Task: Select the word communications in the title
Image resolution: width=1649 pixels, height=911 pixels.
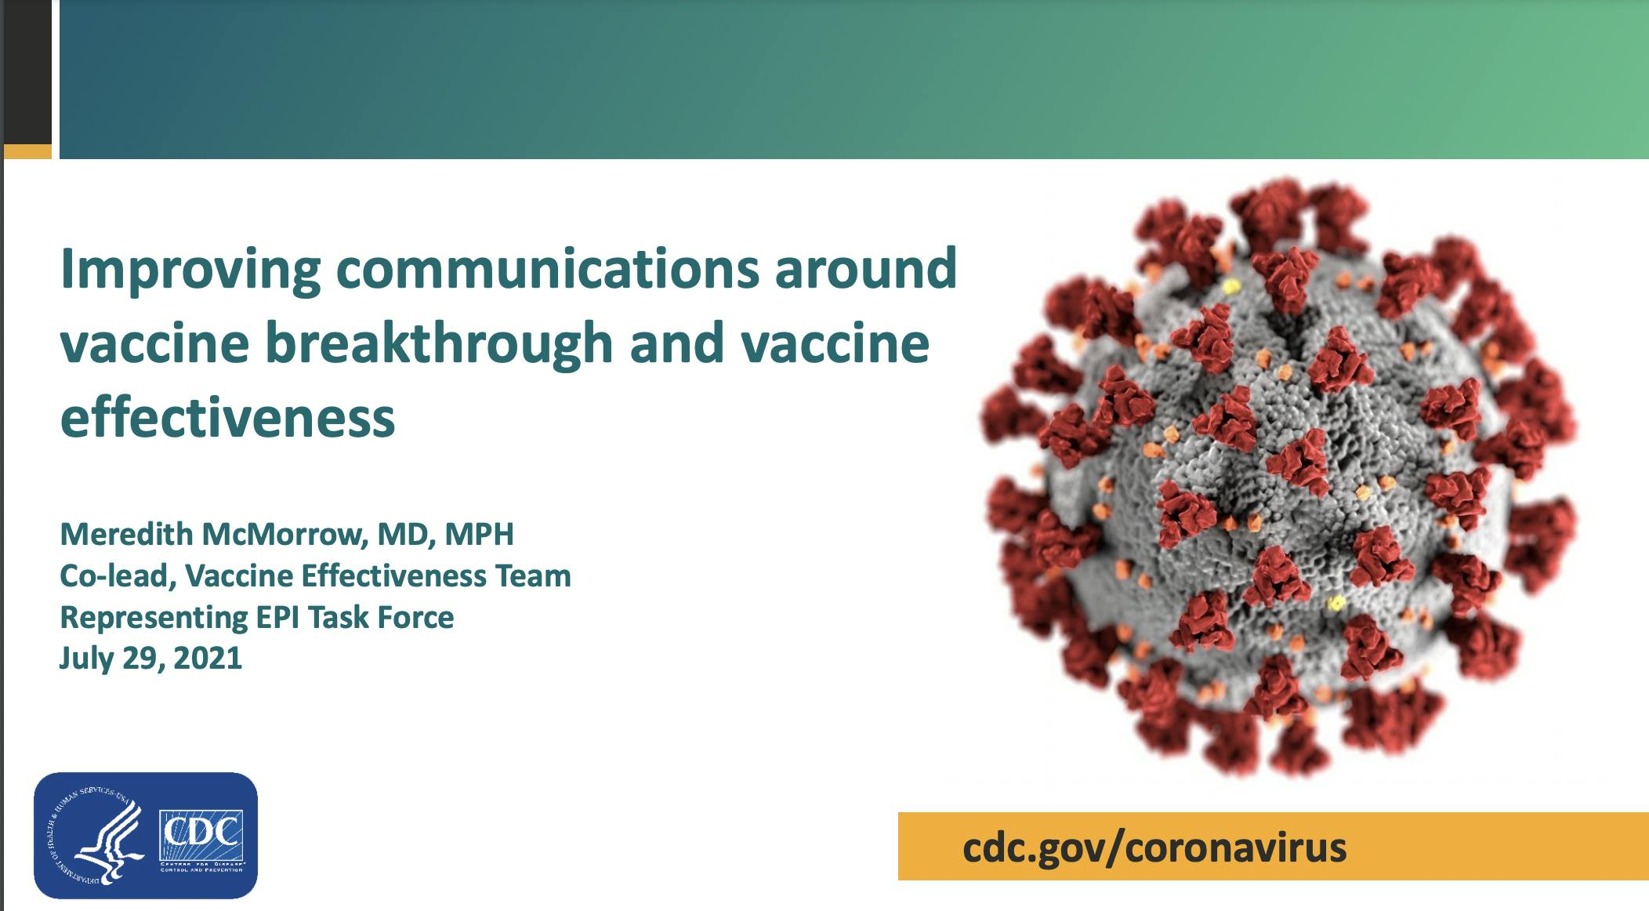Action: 548,269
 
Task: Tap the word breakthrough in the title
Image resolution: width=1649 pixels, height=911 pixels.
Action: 439,344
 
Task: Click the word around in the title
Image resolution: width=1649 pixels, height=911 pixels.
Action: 866,269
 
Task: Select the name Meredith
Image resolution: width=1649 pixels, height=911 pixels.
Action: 127,534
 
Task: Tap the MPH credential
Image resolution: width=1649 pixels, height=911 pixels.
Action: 480,534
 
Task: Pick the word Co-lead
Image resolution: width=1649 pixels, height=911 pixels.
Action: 118,576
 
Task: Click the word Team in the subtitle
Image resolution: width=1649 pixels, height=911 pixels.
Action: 533,576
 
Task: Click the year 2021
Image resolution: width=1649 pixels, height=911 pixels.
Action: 208,659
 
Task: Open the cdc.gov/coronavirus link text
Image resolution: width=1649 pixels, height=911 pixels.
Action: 1154,847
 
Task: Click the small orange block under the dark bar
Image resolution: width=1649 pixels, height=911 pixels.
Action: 27,151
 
